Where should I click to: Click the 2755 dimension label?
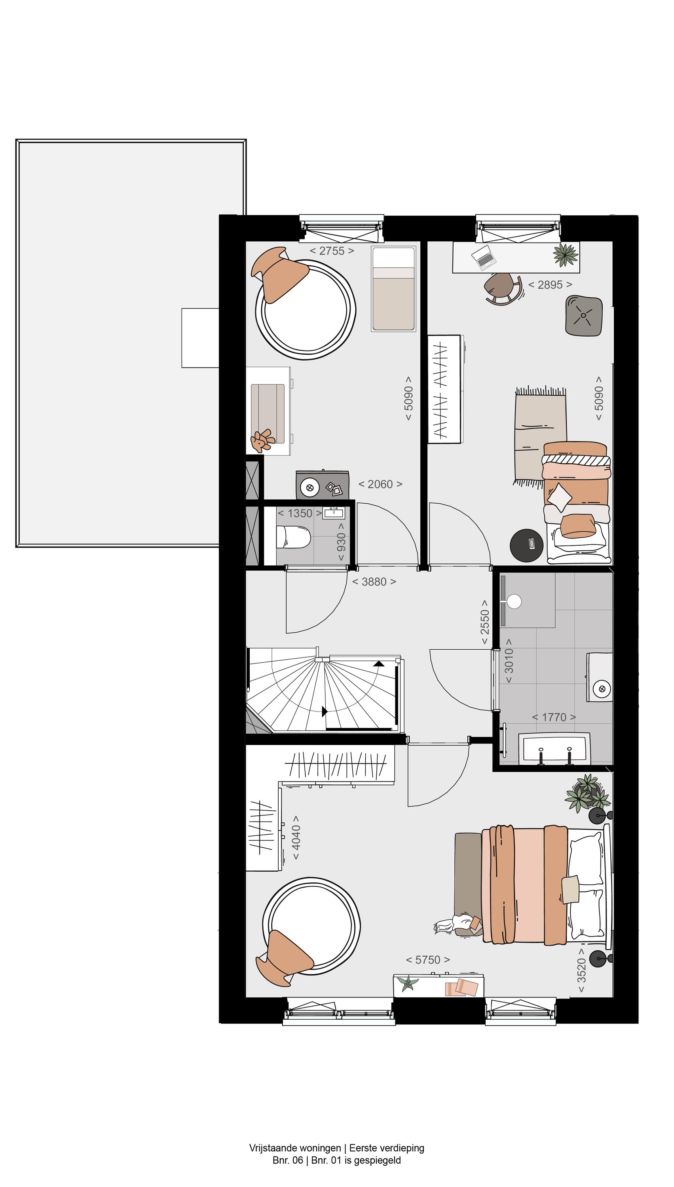tap(332, 251)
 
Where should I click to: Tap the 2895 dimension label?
tap(550, 284)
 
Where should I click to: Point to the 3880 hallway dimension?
tap(374, 582)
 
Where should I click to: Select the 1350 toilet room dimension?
tap(300, 513)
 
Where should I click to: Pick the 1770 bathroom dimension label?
tap(554, 717)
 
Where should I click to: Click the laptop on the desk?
tap(484, 257)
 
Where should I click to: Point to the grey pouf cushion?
tap(584, 316)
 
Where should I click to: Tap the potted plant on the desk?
tap(566, 254)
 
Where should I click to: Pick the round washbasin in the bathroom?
tap(602, 689)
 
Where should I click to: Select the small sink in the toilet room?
tap(333, 513)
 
